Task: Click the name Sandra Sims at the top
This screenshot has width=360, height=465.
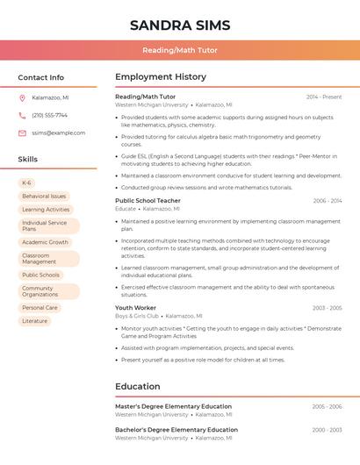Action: tap(180, 24)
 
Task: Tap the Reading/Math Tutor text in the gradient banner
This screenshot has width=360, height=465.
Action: tap(180, 50)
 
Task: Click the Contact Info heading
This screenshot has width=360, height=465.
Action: tap(40, 77)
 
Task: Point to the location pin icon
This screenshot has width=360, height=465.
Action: tap(22, 97)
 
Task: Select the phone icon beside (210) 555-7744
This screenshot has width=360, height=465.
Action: tap(22, 115)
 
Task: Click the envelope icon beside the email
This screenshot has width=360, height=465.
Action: tap(22, 133)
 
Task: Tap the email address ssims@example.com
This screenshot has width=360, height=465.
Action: tap(58, 133)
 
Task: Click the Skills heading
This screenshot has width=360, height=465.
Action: tap(28, 160)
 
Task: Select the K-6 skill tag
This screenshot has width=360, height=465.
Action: tap(26, 183)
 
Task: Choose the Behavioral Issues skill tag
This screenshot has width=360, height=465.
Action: tap(44, 197)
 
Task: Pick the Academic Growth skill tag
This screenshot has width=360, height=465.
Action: tap(45, 242)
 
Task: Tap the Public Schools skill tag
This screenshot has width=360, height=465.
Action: tap(40, 275)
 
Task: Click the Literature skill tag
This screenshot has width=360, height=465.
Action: tap(34, 321)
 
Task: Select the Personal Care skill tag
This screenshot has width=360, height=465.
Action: tap(40, 308)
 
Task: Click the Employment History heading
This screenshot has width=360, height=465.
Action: tap(161, 77)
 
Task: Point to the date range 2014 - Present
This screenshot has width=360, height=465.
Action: tap(324, 97)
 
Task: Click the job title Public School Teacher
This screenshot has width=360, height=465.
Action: tap(148, 201)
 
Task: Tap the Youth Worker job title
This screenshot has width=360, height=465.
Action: tap(135, 308)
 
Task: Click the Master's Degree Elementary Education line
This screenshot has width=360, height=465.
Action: tap(173, 406)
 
